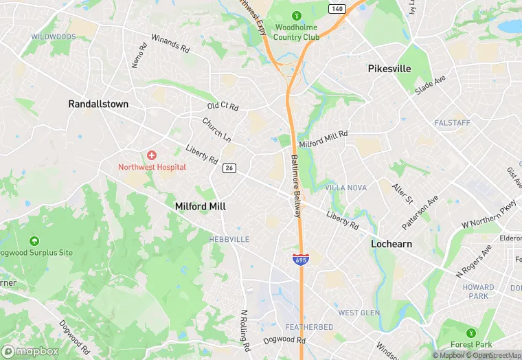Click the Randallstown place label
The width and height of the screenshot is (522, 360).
[98, 104]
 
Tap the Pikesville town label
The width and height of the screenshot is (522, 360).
[389, 69]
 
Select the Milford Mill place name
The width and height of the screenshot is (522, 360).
[201, 206]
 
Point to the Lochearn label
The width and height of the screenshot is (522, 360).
[391, 244]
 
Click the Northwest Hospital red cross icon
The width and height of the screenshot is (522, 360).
[151, 156]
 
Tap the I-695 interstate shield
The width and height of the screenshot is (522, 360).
[300, 259]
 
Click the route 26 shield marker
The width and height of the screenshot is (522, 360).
[229, 168]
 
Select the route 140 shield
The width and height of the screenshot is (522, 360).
[337, 8]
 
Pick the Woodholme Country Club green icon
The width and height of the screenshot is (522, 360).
[297, 15]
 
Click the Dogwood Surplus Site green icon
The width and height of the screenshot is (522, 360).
[34, 241]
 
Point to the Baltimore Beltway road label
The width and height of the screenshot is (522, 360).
[296, 185]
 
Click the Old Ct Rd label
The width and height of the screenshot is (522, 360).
[223, 106]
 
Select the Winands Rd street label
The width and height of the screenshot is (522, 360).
[170, 44]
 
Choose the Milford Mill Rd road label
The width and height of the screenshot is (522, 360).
[324, 139]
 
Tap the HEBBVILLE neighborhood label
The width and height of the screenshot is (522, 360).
[229, 239]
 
